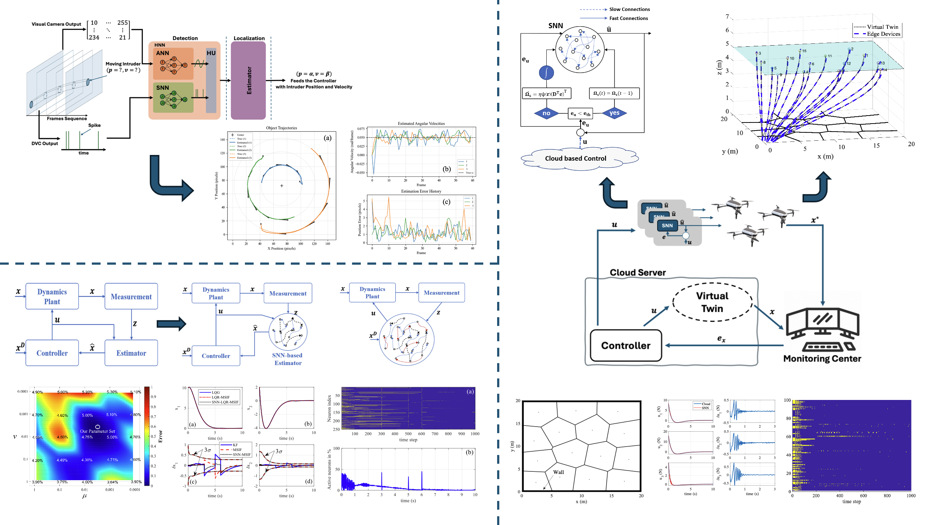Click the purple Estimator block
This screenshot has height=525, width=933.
click(248, 80)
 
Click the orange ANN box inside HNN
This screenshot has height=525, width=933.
click(173, 63)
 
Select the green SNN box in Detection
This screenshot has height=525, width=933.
click(173, 97)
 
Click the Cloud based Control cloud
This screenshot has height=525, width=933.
click(575, 158)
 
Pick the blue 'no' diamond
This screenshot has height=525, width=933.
click(546, 113)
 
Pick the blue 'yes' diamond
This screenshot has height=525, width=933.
click(614, 113)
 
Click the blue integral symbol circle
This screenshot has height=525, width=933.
click(546, 72)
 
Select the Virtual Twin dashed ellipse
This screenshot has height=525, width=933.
click(712, 302)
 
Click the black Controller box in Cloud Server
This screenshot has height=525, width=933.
click(625, 346)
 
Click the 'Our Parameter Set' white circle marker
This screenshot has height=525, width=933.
click(97, 426)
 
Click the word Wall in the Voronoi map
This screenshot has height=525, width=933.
click(558, 472)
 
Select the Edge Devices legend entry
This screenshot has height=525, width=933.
click(877, 34)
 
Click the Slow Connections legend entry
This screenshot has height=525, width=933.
click(629, 9)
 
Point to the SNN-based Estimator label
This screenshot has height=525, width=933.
click(288, 359)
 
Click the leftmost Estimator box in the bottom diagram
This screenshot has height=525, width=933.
click(131, 353)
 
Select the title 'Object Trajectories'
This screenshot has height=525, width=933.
click(281, 128)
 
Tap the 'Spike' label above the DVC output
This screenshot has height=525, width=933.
click(94, 125)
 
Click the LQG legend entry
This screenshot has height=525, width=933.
click(216, 393)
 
